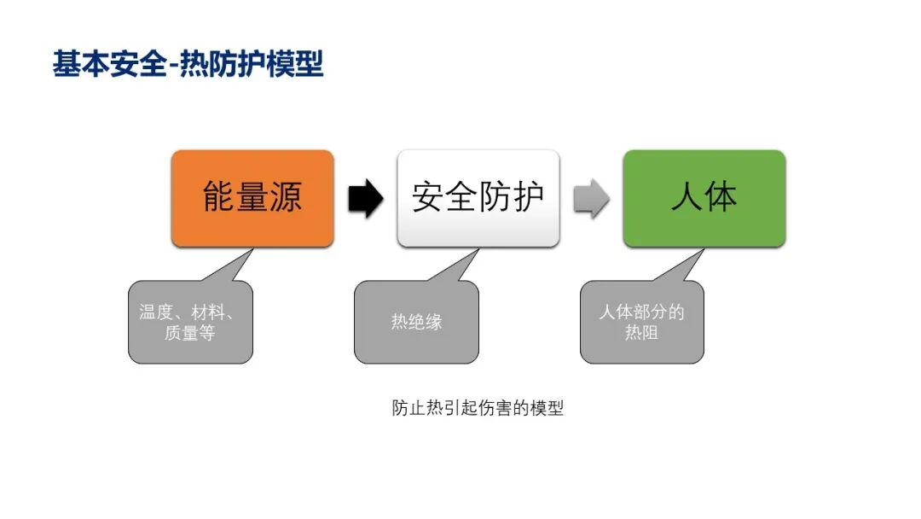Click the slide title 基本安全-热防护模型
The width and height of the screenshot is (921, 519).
pyautogui.click(x=188, y=64)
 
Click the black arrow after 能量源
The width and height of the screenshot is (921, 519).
pyautogui.click(x=366, y=199)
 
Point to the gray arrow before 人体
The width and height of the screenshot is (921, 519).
pyautogui.click(x=591, y=199)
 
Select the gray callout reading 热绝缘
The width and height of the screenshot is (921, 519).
pyautogui.click(x=416, y=322)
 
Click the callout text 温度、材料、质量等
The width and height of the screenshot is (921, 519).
pyautogui.click(x=190, y=322)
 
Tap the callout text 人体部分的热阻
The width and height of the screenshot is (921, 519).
pyautogui.click(x=641, y=322)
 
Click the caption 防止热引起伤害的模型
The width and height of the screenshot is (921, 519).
pyautogui.click(x=478, y=408)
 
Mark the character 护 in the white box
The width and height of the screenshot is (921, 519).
pyautogui.click(x=528, y=197)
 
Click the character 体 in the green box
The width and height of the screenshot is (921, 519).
pyautogui.click(x=721, y=197)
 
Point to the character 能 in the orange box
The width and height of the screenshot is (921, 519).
pyautogui.click(x=219, y=197)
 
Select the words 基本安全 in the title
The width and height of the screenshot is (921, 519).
pyautogui.click(x=108, y=64)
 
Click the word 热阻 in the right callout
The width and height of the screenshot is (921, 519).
pyautogui.click(x=641, y=332)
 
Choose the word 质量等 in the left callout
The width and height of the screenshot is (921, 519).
pyautogui.click(x=190, y=332)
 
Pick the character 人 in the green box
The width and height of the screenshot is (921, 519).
pyautogui.click(x=686, y=197)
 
